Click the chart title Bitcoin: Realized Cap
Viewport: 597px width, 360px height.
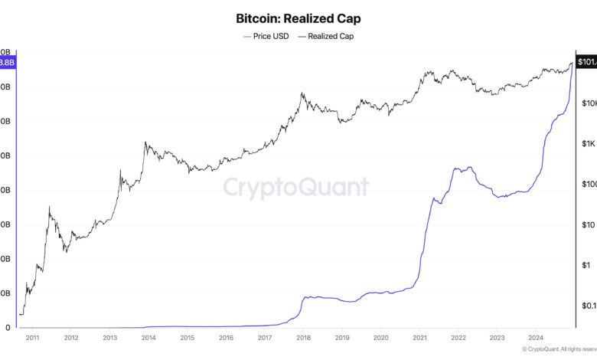pos(298,18)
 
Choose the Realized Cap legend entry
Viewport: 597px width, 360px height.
pos(330,36)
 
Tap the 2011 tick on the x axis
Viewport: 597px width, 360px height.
pos(33,337)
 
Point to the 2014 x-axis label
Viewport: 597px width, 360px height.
pos(148,337)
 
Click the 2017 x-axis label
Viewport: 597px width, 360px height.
pos(265,337)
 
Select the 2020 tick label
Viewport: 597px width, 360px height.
pos(381,337)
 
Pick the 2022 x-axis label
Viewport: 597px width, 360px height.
pos(458,337)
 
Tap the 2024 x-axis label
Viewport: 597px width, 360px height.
pos(536,337)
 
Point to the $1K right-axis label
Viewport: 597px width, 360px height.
pos(588,144)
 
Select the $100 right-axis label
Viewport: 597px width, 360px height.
pos(588,185)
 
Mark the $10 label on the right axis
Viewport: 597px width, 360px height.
pos(588,225)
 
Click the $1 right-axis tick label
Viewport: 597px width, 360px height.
pos(586,266)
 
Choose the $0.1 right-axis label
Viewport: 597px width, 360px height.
pos(588,306)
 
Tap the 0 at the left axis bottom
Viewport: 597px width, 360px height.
pos(8,328)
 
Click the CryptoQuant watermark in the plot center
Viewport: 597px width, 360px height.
pos(295,188)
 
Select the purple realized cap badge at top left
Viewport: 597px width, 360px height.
pos(7,61)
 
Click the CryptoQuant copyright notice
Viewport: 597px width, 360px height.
pos(558,349)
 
